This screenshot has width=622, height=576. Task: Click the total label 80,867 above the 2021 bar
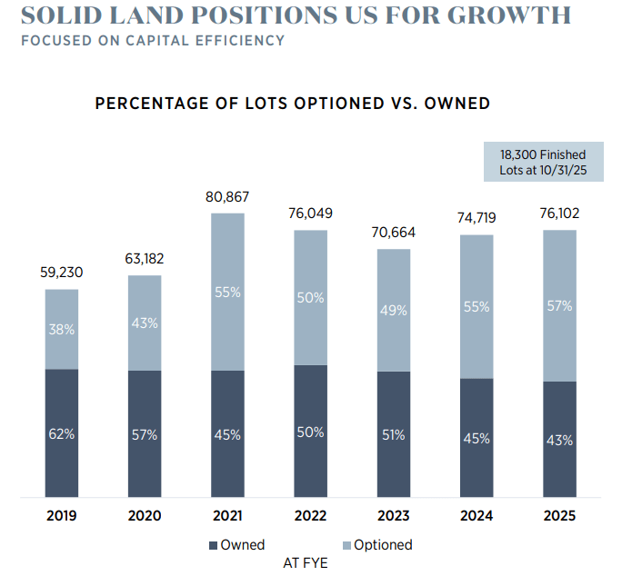(227, 196)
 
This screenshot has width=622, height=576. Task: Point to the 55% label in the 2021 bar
(227, 292)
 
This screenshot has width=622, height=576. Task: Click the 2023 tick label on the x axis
(393, 516)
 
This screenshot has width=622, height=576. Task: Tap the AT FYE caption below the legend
(306, 563)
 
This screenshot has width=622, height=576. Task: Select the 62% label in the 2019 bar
(62, 434)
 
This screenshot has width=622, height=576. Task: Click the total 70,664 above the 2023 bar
(393, 233)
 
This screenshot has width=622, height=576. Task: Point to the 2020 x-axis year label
(145, 516)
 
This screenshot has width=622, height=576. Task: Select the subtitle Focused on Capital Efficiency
(152, 41)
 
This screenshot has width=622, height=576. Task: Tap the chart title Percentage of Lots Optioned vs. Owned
(292, 104)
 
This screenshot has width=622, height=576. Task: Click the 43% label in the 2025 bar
(559, 440)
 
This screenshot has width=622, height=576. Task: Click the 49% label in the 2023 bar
(393, 310)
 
